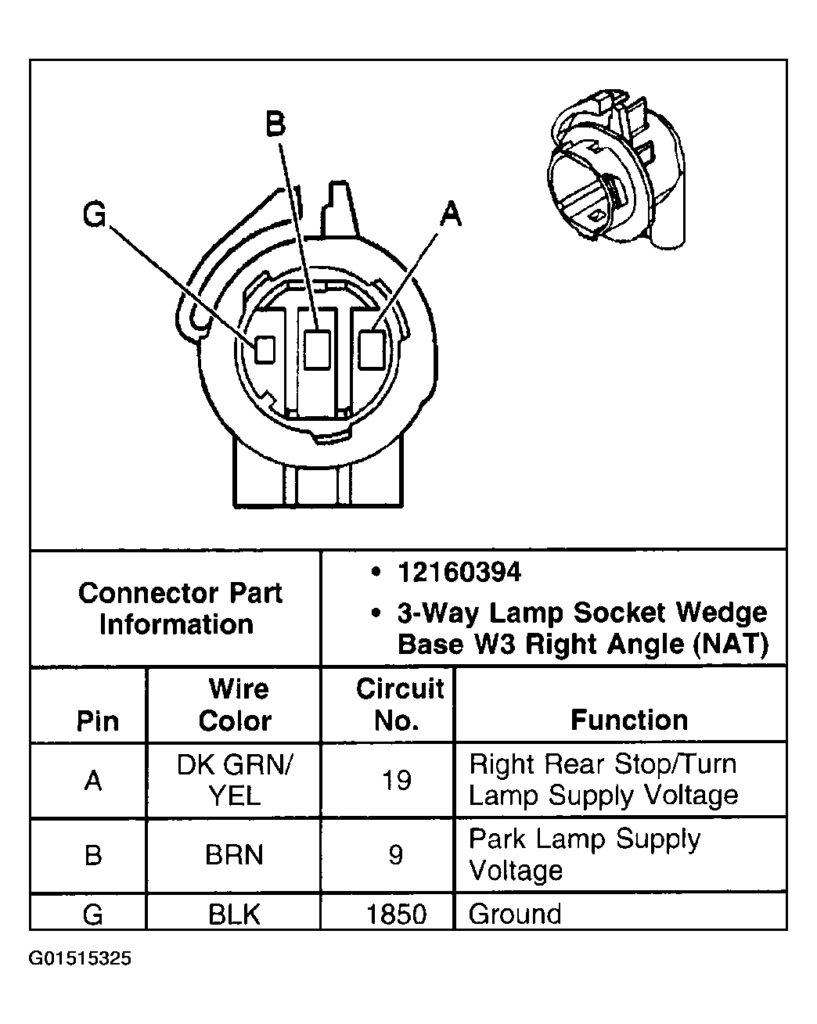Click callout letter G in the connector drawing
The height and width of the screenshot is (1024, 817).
tap(95, 215)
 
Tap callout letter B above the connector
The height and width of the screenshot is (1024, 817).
tap(275, 124)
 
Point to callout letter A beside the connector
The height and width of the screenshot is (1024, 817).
tap(450, 213)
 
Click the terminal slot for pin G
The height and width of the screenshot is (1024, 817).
tap(265, 349)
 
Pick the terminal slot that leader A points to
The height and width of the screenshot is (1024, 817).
tap(372, 349)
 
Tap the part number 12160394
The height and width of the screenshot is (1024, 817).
tap(459, 573)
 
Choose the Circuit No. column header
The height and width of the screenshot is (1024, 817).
tap(399, 704)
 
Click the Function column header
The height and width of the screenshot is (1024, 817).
tap(628, 720)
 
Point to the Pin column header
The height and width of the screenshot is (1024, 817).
tap(97, 720)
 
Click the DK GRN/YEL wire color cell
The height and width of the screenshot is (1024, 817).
tap(235, 780)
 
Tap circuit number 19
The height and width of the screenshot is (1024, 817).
tap(397, 780)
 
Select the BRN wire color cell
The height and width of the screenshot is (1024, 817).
tap(234, 855)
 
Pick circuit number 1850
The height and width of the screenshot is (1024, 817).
tap(397, 914)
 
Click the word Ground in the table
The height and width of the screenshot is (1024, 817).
tap(515, 914)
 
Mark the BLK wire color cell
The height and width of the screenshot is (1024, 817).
tap(234, 914)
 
